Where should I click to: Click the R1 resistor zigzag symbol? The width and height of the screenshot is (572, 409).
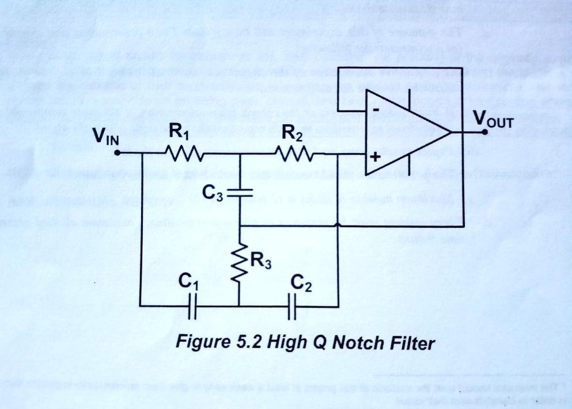click(x=183, y=154)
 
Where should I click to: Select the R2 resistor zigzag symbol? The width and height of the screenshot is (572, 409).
click(x=294, y=154)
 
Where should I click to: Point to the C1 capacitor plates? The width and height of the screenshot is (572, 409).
click(x=193, y=305)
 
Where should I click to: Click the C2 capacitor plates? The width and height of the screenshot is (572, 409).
click(x=291, y=305)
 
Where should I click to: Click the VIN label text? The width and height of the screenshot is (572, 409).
click(x=105, y=137)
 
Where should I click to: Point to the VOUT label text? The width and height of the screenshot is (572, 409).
click(x=493, y=120)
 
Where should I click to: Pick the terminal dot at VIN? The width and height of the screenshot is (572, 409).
click(x=116, y=154)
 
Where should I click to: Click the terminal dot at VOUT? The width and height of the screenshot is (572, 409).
click(x=486, y=132)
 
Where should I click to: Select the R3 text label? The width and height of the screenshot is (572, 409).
click(x=260, y=263)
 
